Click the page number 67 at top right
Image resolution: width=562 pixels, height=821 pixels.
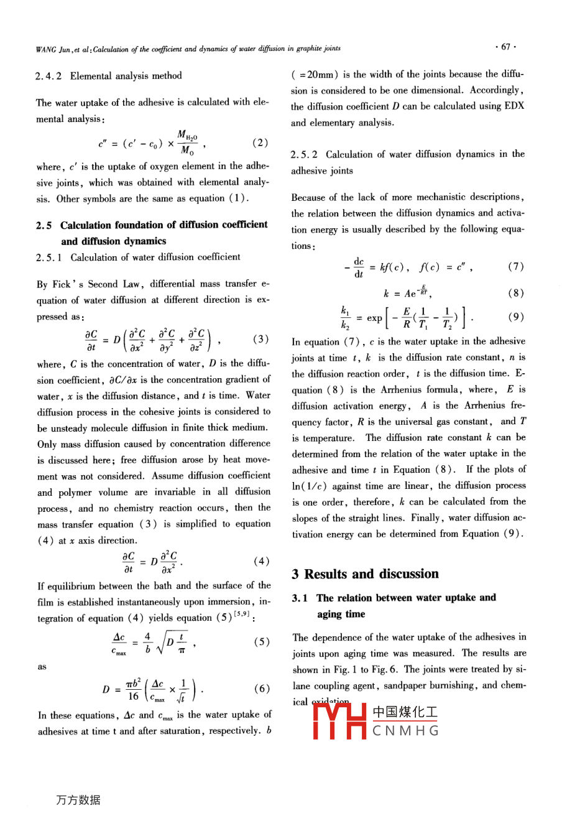[x=505, y=47]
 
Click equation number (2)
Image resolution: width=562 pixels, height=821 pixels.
[x=260, y=143]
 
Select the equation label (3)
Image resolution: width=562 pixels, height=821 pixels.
[x=260, y=339]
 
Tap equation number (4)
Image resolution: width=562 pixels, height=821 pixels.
[x=261, y=561]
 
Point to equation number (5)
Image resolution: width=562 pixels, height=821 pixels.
[x=262, y=642]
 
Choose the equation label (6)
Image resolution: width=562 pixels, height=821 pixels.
[x=262, y=689]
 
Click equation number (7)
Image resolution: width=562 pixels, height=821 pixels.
[x=516, y=267]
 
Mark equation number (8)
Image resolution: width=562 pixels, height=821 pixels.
[x=516, y=293]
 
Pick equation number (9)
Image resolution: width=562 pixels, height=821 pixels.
[x=516, y=317]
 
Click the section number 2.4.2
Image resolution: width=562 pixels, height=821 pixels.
[x=49, y=76]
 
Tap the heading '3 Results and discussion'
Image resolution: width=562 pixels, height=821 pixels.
[x=365, y=573]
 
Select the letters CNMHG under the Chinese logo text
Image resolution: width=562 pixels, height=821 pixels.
[x=405, y=731]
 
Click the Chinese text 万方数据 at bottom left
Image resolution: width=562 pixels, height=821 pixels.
[x=78, y=800]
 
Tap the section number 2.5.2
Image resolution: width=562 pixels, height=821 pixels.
[x=305, y=154]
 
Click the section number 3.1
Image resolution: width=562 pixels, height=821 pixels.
[x=300, y=598]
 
